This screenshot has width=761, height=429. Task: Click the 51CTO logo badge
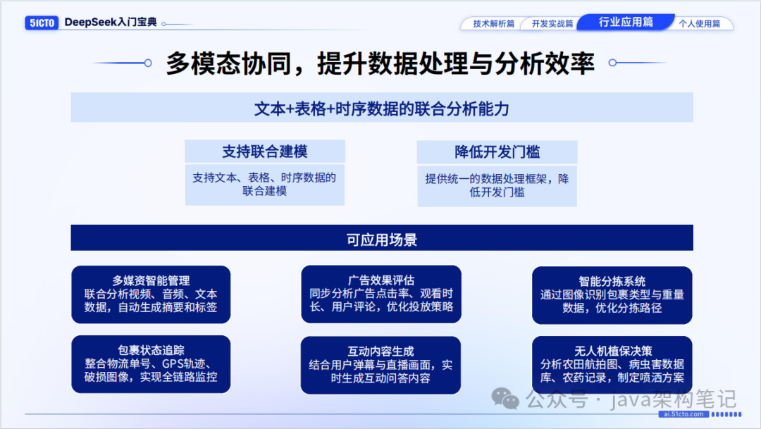(x=42, y=23)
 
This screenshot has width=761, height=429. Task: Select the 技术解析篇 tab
(x=493, y=24)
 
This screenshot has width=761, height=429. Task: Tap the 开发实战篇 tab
(x=552, y=24)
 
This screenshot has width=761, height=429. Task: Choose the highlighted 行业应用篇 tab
(x=626, y=23)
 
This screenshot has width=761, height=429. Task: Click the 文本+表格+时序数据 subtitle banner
(x=381, y=108)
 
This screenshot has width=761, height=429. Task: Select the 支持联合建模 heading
(x=265, y=151)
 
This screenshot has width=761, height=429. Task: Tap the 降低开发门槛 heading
(x=497, y=151)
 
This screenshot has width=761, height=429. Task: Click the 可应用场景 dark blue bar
(x=381, y=239)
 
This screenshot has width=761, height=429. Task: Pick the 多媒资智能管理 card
(x=151, y=294)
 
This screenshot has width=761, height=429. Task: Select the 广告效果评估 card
(x=381, y=294)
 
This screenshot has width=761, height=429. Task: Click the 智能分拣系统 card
(x=612, y=294)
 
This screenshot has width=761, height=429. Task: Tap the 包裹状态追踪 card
(x=151, y=364)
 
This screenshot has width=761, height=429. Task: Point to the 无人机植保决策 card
(x=612, y=364)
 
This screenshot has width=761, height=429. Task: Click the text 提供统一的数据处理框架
(x=497, y=179)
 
